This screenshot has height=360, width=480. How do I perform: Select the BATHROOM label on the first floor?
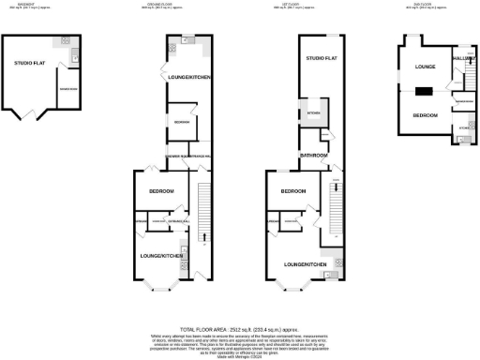(x=312, y=154)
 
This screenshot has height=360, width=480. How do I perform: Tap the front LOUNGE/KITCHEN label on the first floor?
(x=303, y=265)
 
